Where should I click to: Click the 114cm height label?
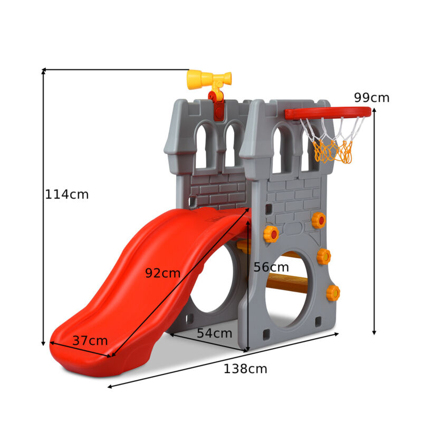pyautogui.click(x=67, y=194)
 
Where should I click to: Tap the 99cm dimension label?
pyautogui.click(x=371, y=98)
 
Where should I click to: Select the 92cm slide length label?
pyautogui.click(x=162, y=273)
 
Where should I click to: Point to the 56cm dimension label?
pyautogui.click(x=271, y=267)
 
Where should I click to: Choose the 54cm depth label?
pyautogui.click(x=215, y=333)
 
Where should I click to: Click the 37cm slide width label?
pyautogui.click(x=90, y=341)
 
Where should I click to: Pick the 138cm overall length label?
pyautogui.click(x=245, y=369)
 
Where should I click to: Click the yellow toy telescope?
pyautogui.click(x=209, y=80)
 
